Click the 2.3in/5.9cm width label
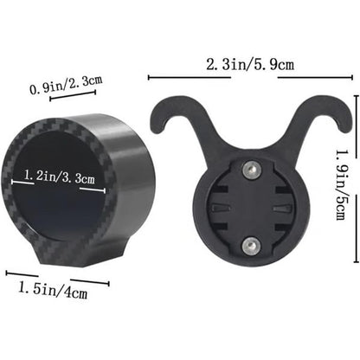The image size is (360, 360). click(250, 65)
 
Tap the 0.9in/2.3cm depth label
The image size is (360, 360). click(66, 84)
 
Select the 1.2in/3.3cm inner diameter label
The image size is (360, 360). click(60, 176)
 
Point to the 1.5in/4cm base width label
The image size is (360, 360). click(53, 290)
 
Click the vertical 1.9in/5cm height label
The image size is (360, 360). click(344, 184)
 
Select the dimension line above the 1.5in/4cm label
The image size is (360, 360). click(57, 279)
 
